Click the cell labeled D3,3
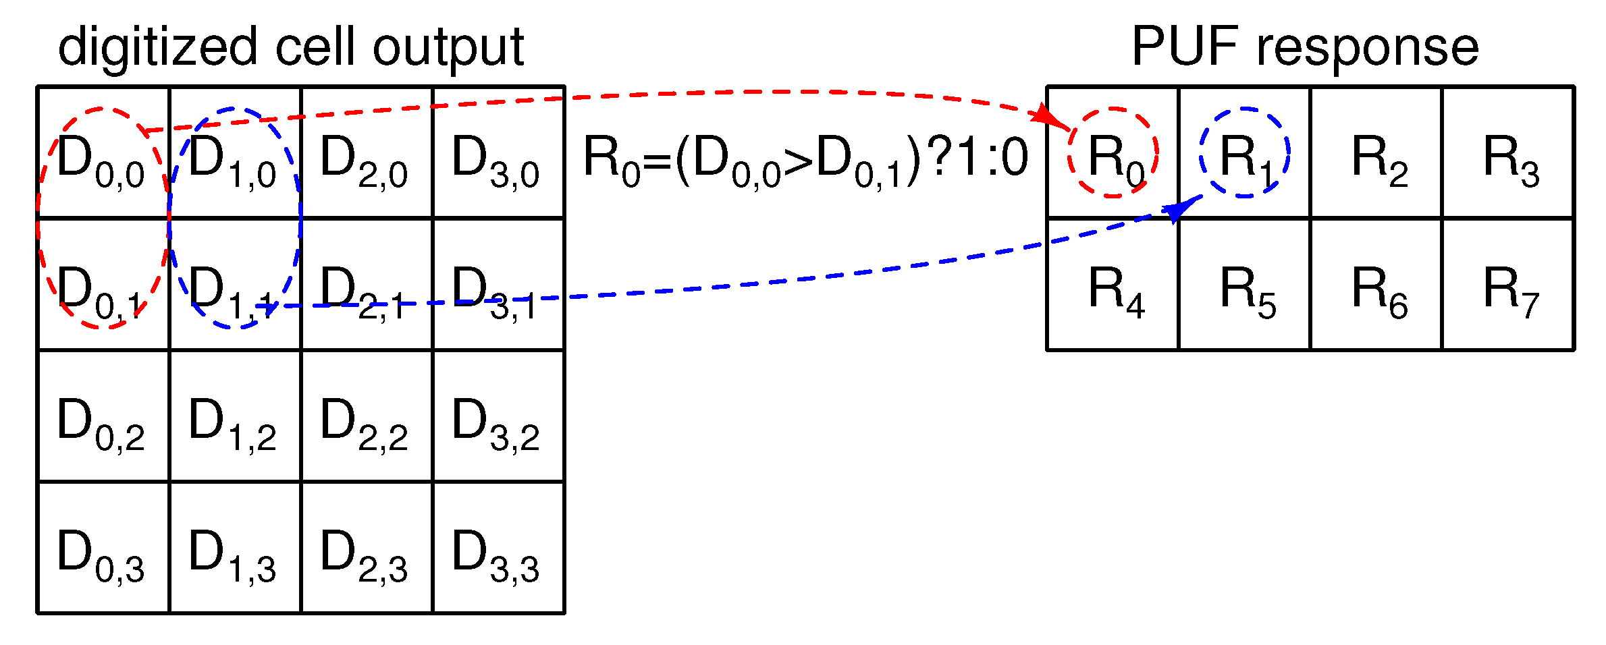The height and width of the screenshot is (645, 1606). tap(498, 548)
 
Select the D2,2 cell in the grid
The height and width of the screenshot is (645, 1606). tap(366, 416)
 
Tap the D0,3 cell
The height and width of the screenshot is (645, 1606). tap(103, 548)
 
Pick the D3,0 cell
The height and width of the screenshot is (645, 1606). tap(498, 153)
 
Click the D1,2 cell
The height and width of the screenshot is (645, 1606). tap(234, 416)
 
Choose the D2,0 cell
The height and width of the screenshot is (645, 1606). tap(366, 153)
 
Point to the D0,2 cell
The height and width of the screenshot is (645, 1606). tap(103, 416)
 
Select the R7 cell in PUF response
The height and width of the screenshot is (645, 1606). tap(1507, 285)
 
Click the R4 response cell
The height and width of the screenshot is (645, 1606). tap(1113, 285)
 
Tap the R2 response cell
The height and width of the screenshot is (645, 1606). tap(1376, 153)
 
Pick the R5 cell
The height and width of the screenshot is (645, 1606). tap(1244, 285)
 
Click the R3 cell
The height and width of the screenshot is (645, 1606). tap(1507, 153)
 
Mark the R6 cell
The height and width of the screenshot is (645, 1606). tap(1376, 285)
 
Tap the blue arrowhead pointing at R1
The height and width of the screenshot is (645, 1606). tap(1176, 211)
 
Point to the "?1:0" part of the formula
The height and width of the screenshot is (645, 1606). tap(979, 157)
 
